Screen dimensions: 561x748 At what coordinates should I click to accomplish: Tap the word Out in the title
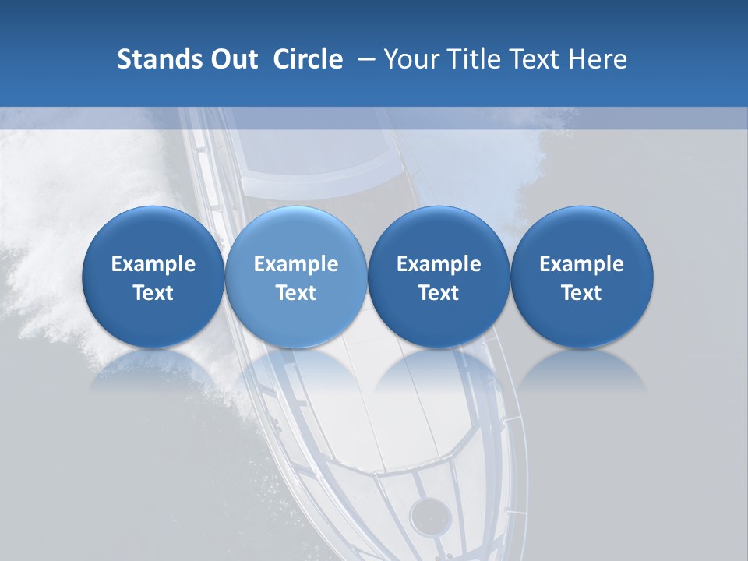point(231,59)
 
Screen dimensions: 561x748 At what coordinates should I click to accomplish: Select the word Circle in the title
point(308,59)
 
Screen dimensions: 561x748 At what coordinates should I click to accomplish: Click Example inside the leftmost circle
point(153,264)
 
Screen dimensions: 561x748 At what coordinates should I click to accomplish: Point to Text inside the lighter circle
point(296,293)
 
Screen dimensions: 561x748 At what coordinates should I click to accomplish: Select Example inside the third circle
point(439,264)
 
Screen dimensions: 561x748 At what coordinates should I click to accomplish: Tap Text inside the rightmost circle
point(581,293)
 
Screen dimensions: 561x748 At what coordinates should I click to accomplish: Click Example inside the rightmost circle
point(581,264)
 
